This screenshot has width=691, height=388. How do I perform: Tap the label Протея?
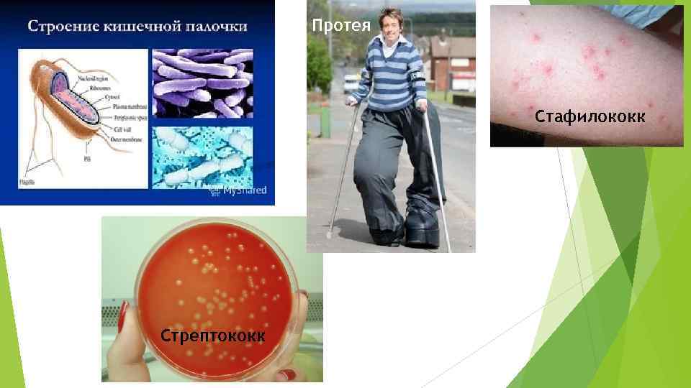[341, 26]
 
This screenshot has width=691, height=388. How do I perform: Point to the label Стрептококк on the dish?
[213, 336]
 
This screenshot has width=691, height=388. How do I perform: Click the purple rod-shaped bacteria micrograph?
[202, 83]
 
